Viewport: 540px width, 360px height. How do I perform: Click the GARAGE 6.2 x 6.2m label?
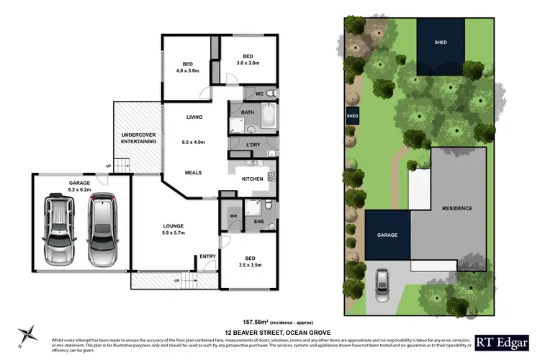(79, 186)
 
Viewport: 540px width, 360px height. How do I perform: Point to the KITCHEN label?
(252, 179)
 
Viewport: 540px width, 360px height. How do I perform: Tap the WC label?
(259, 94)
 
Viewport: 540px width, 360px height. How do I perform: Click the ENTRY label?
(207, 256)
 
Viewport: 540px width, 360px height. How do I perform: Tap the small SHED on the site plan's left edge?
(353, 116)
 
